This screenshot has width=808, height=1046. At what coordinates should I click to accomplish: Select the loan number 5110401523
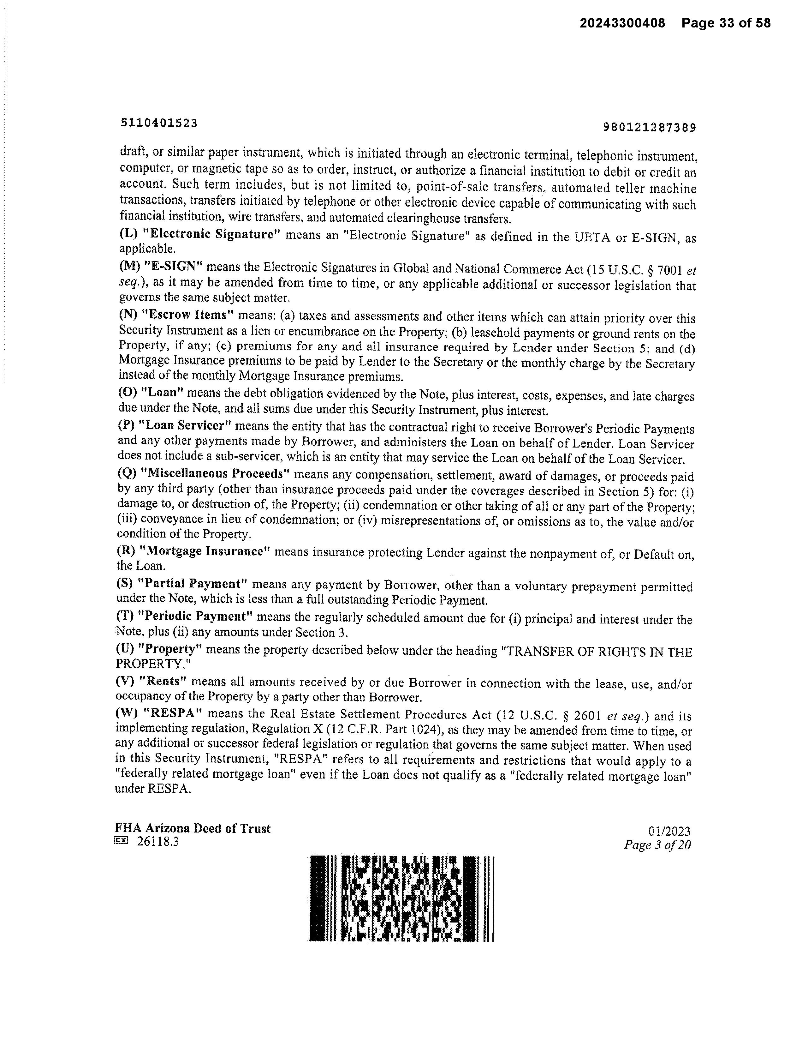click(159, 123)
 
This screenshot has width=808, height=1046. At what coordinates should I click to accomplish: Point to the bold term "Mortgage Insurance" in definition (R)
click(205, 551)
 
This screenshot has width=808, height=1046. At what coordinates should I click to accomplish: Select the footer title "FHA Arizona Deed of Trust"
click(193, 828)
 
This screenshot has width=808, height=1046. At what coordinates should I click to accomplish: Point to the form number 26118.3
click(157, 841)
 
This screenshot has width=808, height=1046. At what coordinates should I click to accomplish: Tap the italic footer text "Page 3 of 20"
click(657, 845)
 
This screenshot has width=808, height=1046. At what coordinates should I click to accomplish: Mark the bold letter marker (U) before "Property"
click(124, 649)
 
